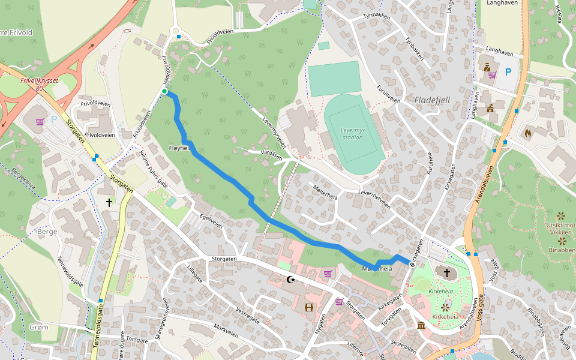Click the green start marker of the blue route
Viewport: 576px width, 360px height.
point(164,91)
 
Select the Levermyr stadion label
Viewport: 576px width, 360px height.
point(352,133)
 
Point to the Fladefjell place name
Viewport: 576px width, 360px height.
point(432,100)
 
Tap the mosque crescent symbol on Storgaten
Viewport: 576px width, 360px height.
point(291,280)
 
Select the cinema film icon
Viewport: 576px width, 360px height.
point(308,308)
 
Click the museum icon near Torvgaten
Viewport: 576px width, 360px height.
point(421,325)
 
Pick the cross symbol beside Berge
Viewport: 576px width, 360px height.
point(109,203)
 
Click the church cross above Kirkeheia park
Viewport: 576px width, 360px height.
point(446,274)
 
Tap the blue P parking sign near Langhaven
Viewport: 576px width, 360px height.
point(508,72)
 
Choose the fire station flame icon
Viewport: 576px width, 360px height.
point(528,133)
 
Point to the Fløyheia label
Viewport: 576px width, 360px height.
point(180,148)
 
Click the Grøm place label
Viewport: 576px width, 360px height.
point(38,327)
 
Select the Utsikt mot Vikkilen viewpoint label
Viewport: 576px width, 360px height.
point(560,229)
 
